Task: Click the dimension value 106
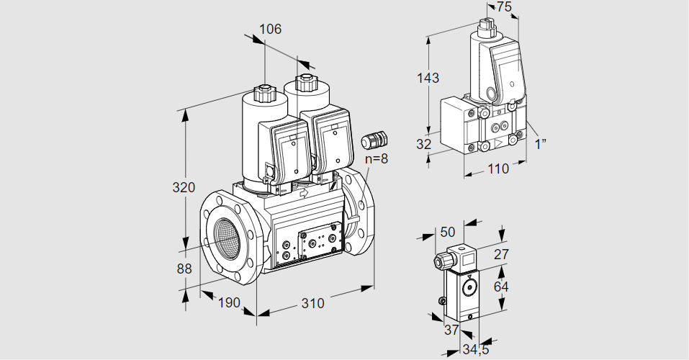[x=270, y=30]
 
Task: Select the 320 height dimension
[x=184, y=188]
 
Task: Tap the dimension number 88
[x=184, y=269]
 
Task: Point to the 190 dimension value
[x=228, y=302]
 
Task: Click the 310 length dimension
[x=312, y=303]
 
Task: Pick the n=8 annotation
[x=375, y=159]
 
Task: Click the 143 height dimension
[x=428, y=78]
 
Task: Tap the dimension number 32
[x=423, y=144]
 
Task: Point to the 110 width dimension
[x=497, y=168]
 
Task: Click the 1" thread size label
[x=540, y=143]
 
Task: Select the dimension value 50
[x=447, y=232]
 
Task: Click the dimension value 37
[x=451, y=330]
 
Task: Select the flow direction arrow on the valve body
[x=303, y=193]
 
